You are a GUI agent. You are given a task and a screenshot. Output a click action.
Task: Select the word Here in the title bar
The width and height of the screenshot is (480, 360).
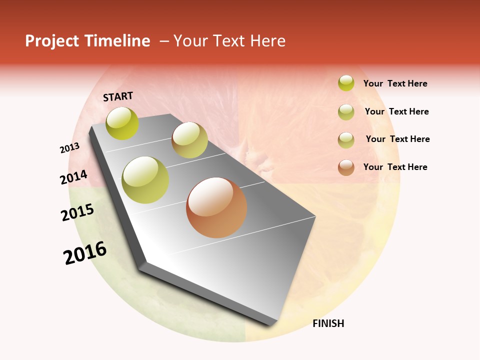click(x=267, y=41)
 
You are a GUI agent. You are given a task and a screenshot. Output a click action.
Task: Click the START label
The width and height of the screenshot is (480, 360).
click(x=118, y=96)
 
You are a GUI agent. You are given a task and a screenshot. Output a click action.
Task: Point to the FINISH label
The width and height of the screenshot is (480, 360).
click(x=328, y=323)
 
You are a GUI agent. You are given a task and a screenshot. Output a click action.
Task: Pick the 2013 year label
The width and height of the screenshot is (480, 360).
click(x=69, y=148)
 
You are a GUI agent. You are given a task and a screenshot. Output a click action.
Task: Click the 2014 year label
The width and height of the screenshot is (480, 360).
click(x=73, y=177)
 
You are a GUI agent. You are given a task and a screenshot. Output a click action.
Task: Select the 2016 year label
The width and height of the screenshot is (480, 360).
click(x=85, y=253)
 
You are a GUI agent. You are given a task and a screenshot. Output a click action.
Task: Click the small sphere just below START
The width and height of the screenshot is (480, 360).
click(x=122, y=123)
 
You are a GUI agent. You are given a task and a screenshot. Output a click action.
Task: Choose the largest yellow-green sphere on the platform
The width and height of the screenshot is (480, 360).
click(x=145, y=179)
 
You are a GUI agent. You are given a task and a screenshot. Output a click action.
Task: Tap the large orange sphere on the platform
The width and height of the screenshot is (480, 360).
click(x=216, y=207)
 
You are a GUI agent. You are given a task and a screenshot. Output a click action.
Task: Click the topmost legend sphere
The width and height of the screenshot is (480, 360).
click(x=346, y=83)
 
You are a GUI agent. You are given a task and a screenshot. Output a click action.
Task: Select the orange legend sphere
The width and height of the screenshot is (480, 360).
click(x=346, y=167)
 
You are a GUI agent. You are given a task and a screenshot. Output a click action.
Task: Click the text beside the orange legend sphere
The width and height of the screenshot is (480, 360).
click(x=395, y=167)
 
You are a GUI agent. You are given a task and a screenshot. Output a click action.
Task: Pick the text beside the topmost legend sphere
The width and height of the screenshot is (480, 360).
click(x=395, y=83)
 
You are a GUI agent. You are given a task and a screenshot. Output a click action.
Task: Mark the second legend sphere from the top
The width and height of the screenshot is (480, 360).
click(x=346, y=112)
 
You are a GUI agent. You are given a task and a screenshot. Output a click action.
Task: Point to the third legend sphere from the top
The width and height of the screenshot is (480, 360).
click(x=346, y=140)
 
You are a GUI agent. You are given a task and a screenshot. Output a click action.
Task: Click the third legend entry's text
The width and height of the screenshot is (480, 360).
click(x=397, y=139)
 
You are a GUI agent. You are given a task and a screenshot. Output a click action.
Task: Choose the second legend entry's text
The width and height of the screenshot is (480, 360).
click(x=396, y=111)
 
